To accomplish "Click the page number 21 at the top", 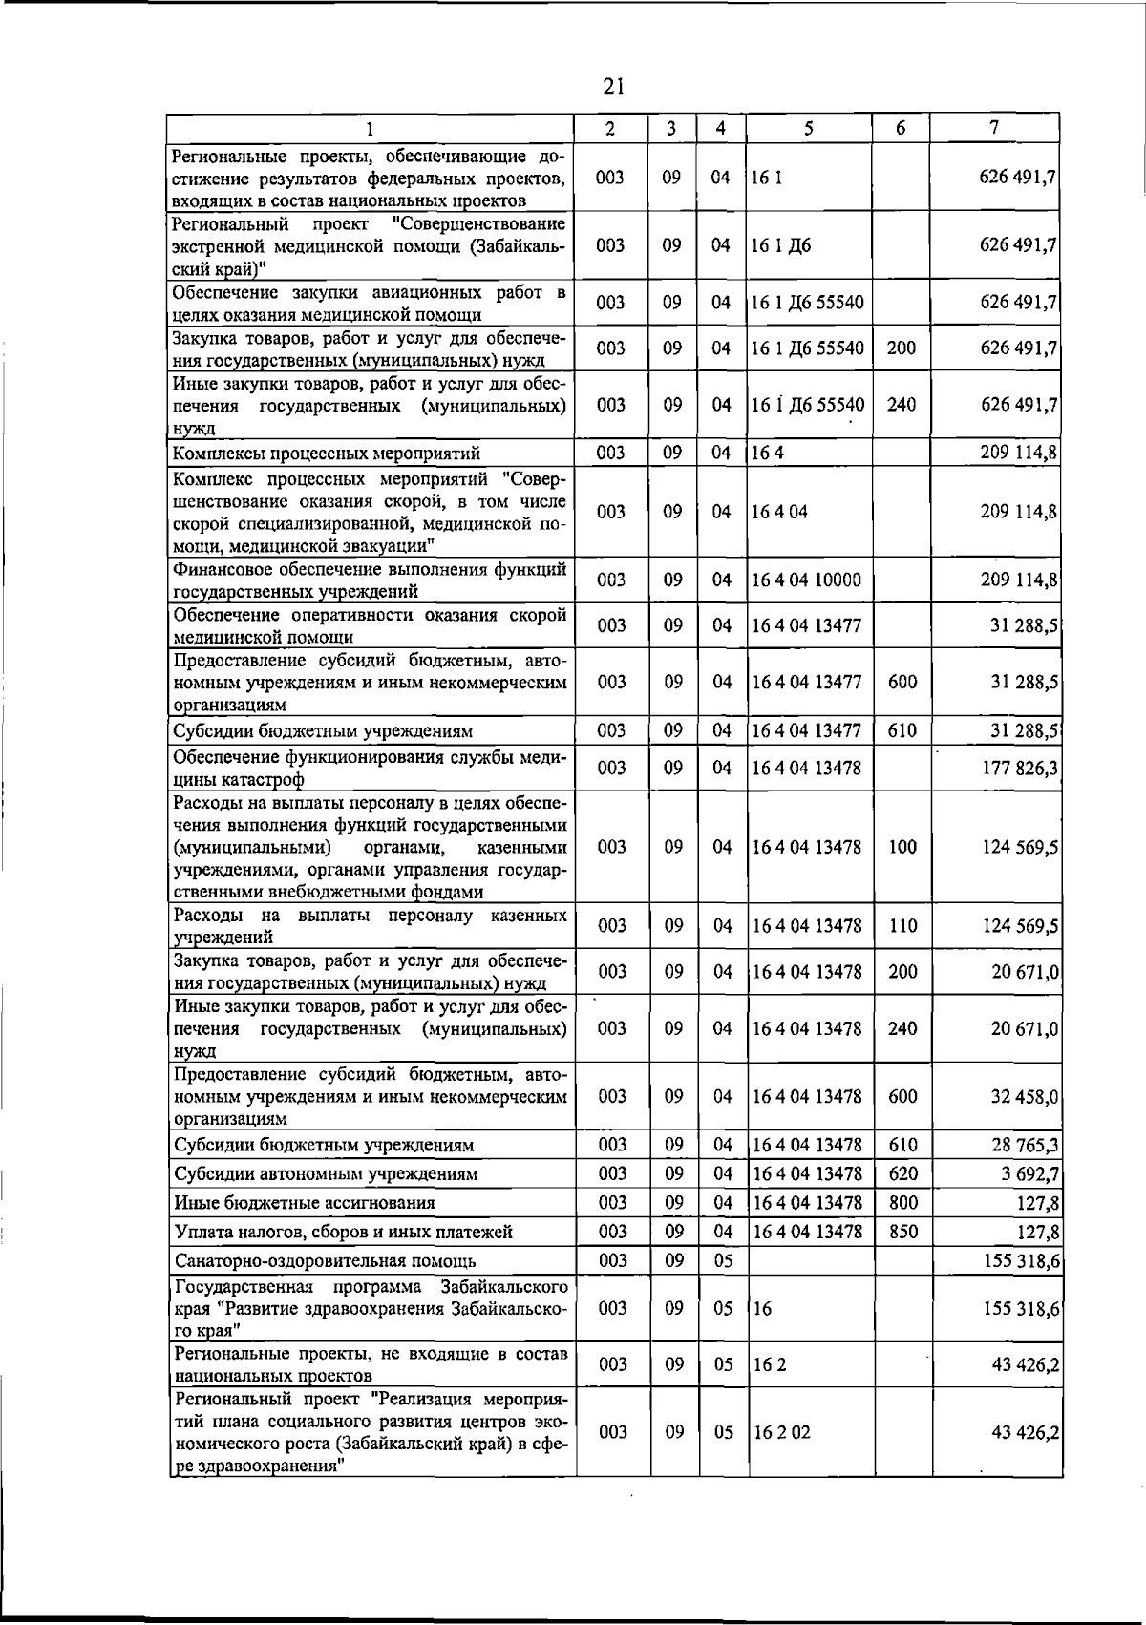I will tap(613, 87).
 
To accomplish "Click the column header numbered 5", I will tap(808, 128).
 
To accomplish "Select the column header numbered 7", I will tap(994, 128).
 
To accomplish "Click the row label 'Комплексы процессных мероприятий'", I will tap(327, 453).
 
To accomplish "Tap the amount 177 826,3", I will tap(1020, 769).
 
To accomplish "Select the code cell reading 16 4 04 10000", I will tap(807, 580).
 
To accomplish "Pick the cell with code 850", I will tap(902, 1232).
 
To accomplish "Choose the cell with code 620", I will tap(902, 1173).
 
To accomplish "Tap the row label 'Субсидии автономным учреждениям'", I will tap(326, 1173).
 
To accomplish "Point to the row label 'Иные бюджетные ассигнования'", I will tap(304, 1203).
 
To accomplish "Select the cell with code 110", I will tap(902, 926).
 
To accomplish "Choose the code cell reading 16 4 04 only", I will tap(779, 512).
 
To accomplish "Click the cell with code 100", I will tap(902, 847).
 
